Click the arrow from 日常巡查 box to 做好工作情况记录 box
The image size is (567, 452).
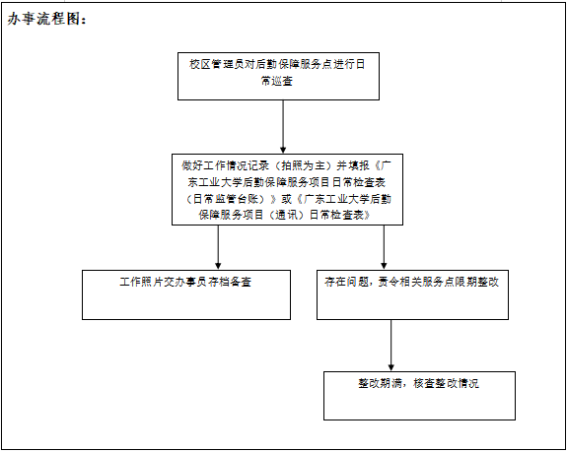pos(283,127)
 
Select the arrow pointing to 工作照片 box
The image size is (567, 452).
pos(218,247)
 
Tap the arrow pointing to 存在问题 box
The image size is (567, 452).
pos(384,247)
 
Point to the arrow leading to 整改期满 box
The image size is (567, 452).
pos(390,345)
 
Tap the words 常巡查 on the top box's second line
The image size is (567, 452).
pos(277,81)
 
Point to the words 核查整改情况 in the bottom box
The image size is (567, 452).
pos(446,383)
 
